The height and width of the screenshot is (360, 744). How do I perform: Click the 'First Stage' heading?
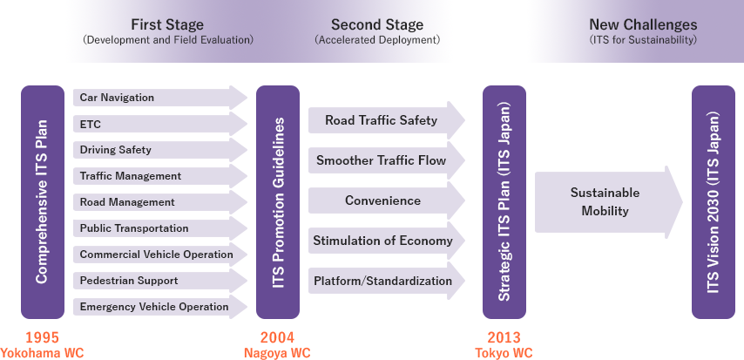[x=167, y=24]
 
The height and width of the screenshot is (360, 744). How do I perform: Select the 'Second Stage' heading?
[x=377, y=24]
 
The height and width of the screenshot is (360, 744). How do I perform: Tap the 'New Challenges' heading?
[x=643, y=24]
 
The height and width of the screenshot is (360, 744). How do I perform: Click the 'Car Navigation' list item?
[x=117, y=98]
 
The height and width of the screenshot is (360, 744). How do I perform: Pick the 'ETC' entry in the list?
[x=91, y=124]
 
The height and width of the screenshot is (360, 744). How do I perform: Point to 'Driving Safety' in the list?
[x=115, y=150]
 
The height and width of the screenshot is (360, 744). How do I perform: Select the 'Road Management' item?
[x=127, y=202]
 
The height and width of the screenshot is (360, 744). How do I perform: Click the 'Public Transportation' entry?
[x=134, y=228]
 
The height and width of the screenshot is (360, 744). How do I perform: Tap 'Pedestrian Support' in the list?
[x=129, y=281]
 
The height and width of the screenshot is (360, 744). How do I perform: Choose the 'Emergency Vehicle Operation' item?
[x=154, y=307]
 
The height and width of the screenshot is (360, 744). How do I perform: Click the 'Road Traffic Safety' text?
[x=381, y=120]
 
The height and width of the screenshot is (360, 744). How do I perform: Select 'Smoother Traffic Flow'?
[x=381, y=160]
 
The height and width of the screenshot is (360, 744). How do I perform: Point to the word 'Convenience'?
[x=382, y=200]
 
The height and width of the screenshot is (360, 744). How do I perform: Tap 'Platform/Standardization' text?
[x=382, y=281]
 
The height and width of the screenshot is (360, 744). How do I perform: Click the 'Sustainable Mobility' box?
[x=605, y=201]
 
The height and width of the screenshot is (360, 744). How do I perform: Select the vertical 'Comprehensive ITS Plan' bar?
[x=42, y=201]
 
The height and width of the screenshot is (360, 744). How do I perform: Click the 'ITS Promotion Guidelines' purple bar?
[x=278, y=201]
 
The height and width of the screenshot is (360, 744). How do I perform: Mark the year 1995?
[x=42, y=337]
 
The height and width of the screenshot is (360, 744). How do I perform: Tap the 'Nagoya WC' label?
[x=277, y=353]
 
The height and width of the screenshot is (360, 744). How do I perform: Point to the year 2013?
[x=504, y=337]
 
